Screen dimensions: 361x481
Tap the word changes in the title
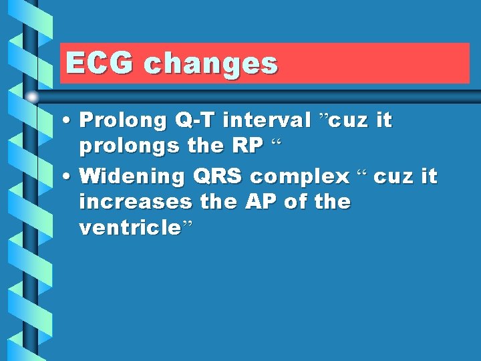pyautogui.click(x=210, y=64)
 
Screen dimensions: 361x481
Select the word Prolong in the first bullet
pyautogui.click(x=123, y=121)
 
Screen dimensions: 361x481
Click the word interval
pyautogui.click(x=267, y=120)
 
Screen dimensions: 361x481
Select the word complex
pyautogui.click(x=299, y=176)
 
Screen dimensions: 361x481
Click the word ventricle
pyautogui.click(x=129, y=228)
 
